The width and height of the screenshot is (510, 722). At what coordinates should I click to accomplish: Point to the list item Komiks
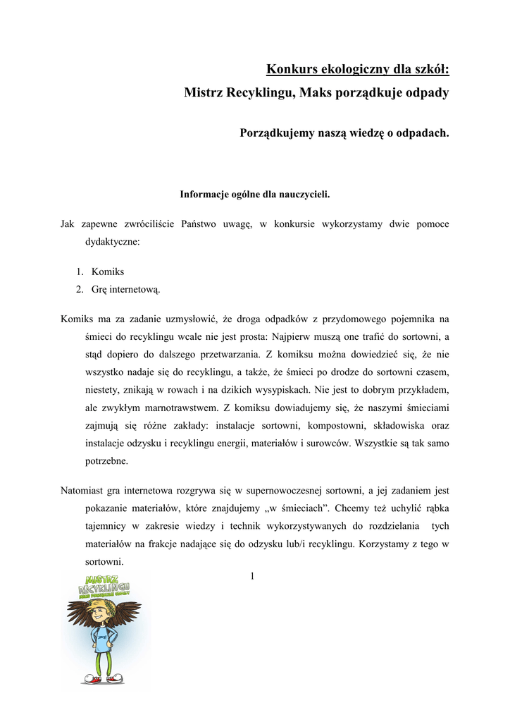click(x=108, y=271)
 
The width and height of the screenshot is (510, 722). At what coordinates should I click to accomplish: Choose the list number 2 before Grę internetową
click(x=80, y=288)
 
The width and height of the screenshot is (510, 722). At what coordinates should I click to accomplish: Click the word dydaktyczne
click(x=113, y=241)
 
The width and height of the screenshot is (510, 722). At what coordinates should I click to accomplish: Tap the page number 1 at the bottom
click(x=251, y=577)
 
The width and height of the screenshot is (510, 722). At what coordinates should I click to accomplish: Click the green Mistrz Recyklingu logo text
click(x=106, y=585)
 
